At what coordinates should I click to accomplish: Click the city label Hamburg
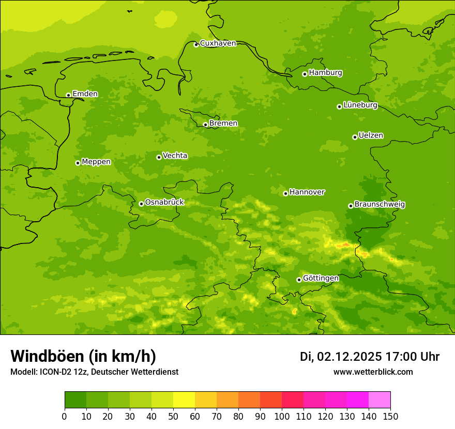pos(325,73)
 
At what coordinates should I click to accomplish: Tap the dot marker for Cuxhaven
pos(196,44)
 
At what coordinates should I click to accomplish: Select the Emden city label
pos(85,94)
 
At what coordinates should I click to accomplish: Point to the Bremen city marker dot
pos(205,125)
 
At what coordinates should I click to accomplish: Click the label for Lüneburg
pos(360,105)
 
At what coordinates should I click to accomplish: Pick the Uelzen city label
pos(371,135)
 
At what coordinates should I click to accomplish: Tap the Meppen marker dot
pos(78,163)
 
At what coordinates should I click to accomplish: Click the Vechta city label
pos(175,156)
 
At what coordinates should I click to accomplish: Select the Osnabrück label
pos(164,202)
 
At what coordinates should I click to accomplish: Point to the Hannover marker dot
pos(285,193)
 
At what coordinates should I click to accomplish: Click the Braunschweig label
pos(380,204)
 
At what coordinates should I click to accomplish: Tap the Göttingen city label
pos(321,278)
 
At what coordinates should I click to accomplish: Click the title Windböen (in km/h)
pos(83,356)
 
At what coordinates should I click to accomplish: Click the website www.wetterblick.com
pos(373,372)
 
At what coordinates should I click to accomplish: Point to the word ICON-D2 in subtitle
pos(54,372)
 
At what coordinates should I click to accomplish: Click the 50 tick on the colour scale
pos(173,416)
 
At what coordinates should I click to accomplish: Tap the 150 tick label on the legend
pos(390,416)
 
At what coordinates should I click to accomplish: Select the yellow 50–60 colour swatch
pos(184,400)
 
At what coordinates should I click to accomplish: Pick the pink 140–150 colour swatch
pos(380,400)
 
